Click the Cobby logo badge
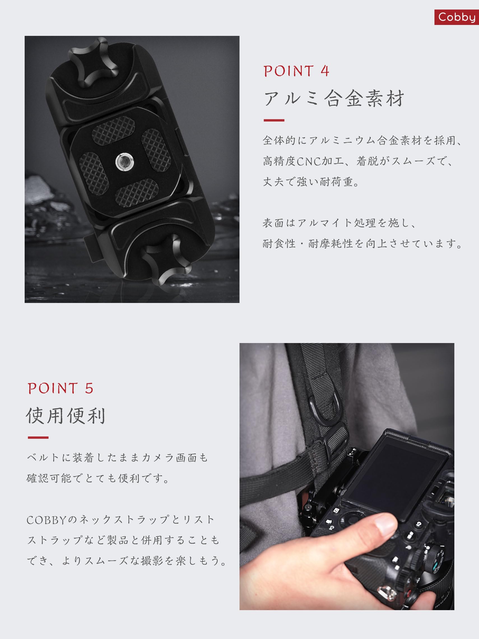coord(457,17)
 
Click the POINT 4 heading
coord(296,71)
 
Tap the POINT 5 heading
coord(61,388)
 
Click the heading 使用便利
coord(66,416)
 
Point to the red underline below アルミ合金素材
coord(274,120)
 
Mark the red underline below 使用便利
coord(38,437)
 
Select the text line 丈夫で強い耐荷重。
coord(311,182)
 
